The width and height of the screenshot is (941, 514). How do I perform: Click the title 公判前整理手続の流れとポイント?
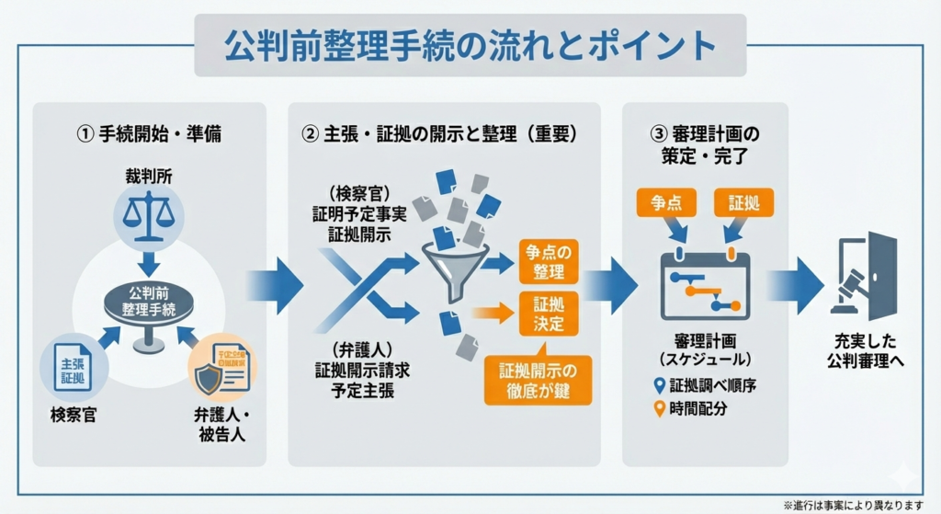pyautogui.click(x=470, y=45)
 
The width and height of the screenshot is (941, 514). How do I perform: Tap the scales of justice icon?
pyautogui.click(x=149, y=212)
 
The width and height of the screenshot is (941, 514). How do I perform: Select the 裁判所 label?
pyautogui.click(x=149, y=174)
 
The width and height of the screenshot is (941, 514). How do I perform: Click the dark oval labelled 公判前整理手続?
pyautogui.click(x=150, y=303)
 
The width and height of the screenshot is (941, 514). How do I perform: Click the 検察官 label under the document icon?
pyautogui.click(x=74, y=415)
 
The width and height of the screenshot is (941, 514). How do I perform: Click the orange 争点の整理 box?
pyautogui.click(x=549, y=261)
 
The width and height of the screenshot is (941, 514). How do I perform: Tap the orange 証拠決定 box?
pyautogui.click(x=549, y=314)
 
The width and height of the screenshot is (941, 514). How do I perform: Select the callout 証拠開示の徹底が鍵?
pyautogui.click(x=539, y=381)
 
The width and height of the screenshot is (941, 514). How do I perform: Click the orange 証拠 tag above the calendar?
pyautogui.click(x=743, y=202)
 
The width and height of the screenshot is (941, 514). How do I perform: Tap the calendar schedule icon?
pyautogui.click(x=706, y=282)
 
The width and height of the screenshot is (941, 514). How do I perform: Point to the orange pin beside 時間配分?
pyautogui.click(x=658, y=408)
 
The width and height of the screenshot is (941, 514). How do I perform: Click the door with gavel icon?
pyautogui.click(x=864, y=276)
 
